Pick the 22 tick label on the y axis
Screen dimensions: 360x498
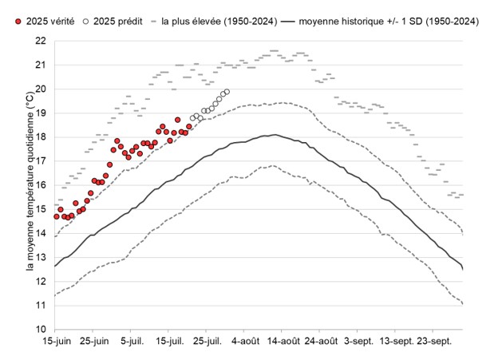pos(40,41)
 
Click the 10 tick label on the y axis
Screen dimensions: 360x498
pos(40,329)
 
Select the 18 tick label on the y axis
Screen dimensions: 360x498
pos(40,136)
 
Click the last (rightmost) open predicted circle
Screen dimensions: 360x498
pos(227,92)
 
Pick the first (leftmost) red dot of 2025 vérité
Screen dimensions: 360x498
pos(57,216)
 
